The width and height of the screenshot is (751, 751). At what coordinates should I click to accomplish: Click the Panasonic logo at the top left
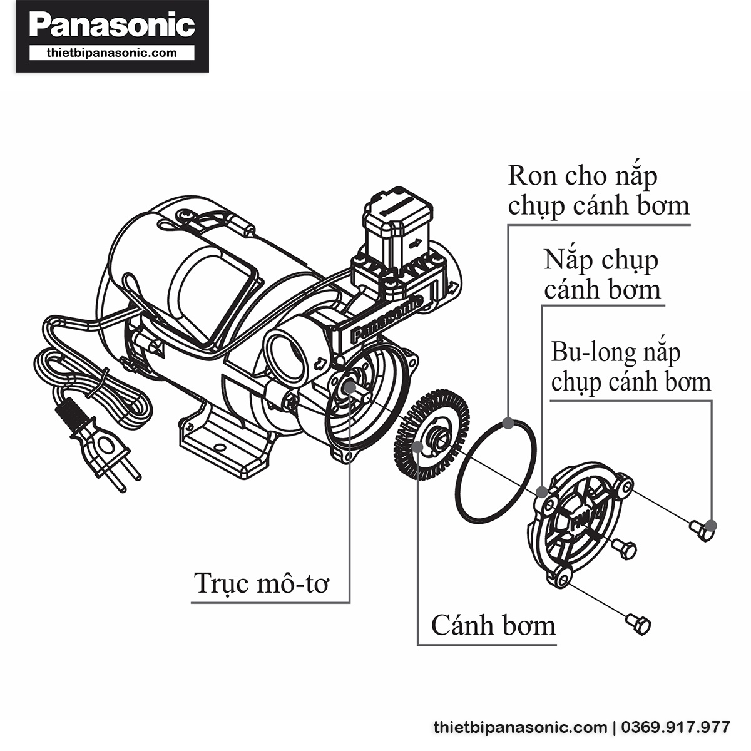click(x=112, y=25)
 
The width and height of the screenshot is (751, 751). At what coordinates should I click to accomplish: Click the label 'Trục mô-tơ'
click(x=262, y=583)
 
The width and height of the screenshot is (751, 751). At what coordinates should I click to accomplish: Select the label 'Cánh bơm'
click(x=493, y=625)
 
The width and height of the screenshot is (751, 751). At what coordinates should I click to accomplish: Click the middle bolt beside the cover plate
click(x=624, y=549)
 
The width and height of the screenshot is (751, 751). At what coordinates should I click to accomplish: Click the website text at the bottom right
click(x=520, y=728)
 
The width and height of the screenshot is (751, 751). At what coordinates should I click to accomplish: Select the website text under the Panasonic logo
click(x=112, y=53)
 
